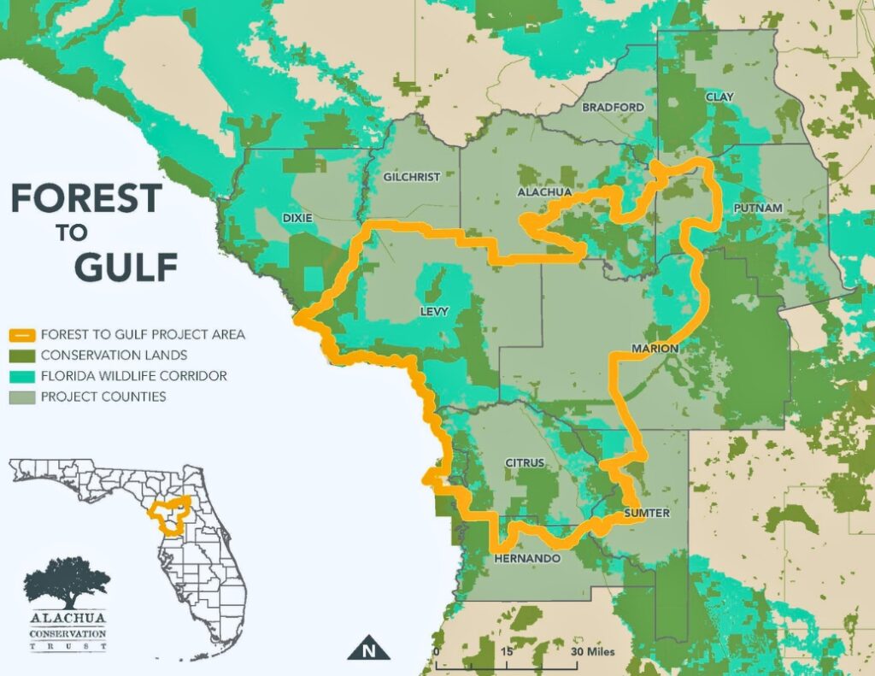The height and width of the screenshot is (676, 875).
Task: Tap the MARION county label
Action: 655,349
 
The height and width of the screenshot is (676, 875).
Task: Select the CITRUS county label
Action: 525,462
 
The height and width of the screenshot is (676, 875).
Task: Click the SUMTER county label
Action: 647,513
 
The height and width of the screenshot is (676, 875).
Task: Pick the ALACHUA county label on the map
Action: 544,192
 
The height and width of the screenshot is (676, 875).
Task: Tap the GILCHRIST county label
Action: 412,177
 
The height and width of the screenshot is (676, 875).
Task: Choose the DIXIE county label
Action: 297,218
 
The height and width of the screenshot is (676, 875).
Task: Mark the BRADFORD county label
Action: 613,108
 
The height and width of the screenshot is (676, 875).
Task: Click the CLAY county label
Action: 719,97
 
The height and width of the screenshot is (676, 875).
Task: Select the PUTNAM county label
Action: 752,209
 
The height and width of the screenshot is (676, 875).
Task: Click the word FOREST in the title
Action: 85,199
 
